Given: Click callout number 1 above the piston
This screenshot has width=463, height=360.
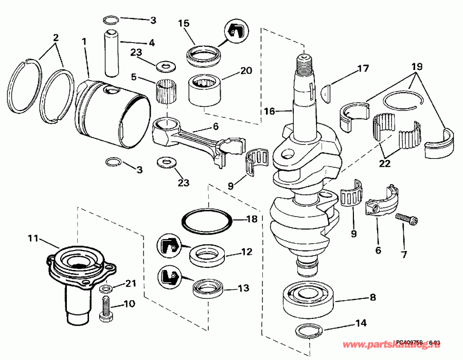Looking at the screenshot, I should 84,41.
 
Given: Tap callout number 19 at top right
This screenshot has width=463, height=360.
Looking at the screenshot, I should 417,67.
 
